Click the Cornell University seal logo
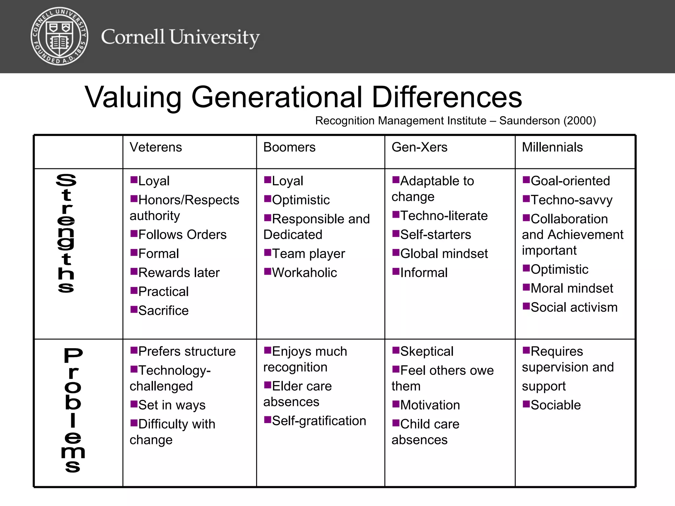click(x=59, y=37)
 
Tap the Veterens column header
click(x=156, y=147)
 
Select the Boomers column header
click(x=289, y=147)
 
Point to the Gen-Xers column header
click(x=419, y=147)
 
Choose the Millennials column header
click(x=552, y=147)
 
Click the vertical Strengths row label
click(x=66, y=233)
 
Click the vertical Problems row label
click(x=73, y=410)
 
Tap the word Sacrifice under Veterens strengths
click(x=163, y=311)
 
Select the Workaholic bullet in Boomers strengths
click(x=304, y=273)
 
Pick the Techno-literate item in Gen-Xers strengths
click(x=444, y=216)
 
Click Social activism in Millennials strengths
click(x=574, y=307)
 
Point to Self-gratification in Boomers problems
click(x=319, y=421)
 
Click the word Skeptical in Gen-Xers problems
click(x=427, y=351)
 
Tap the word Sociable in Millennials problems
click(x=556, y=405)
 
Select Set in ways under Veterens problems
click(x=172, y=405)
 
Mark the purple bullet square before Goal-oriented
click(x=526, y=180)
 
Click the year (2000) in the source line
click(x=579, y=121)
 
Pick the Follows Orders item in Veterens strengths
click(x=182, y=235)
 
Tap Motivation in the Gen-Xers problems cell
click(x=430, y=405)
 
